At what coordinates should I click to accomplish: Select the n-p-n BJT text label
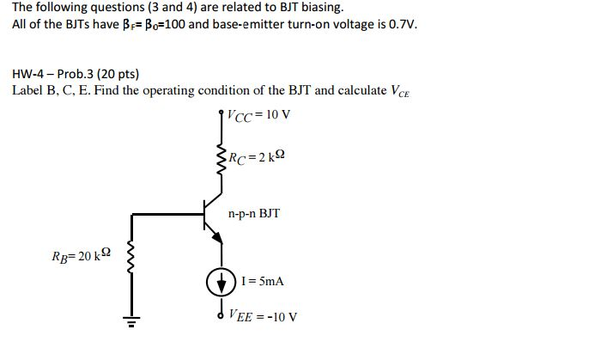(x=254, y=212)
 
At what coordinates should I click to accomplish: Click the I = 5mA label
(x=263, y=281)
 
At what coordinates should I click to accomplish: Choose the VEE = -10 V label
(x=264, y=316)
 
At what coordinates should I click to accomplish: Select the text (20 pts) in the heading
(x=118, y=74)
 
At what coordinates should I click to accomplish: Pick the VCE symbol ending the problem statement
(x=401, y=91)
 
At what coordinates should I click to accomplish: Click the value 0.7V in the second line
(x=399, y=23)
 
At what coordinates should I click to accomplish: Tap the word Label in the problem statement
(x=27, y=90)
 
